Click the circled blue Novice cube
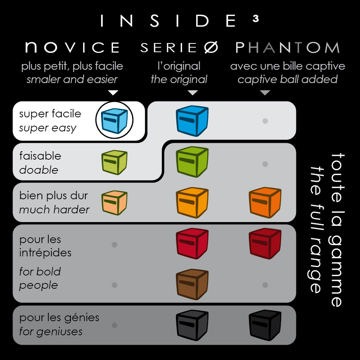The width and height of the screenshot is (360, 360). click(x=114, y=120)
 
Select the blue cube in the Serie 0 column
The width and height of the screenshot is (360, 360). click(x=192, y=121)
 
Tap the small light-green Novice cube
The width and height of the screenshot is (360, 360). click(x=114, y=163)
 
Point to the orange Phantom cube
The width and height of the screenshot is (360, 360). click(x=265, y=203)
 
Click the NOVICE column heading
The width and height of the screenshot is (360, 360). click(x=72, y=48)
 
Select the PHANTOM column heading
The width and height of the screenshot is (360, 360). click(x=288, y=48)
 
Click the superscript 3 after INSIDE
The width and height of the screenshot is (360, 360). click(x=256, y=19)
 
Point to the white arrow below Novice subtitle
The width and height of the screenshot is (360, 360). click(x=114, y=93)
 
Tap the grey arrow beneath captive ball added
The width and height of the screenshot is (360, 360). click(x=265, y=93)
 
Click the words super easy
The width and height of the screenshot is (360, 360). click(x=48, y=128)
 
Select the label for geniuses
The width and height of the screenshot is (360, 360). click(x=51, y=331)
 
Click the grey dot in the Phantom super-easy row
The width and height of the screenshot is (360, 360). click(x=265, y=121)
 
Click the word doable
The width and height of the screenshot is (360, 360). click(x=39, y=170)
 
